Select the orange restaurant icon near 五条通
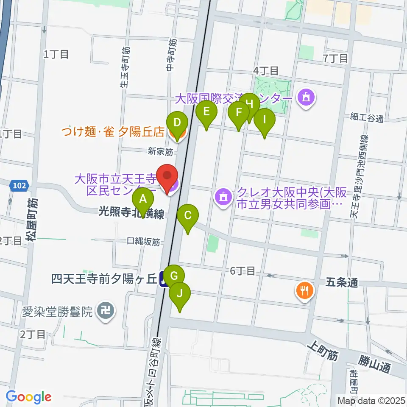(x=305, y=291)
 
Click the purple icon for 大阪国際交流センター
(x=306, y=98)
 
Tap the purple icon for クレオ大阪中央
(x=223, y=196)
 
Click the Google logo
(x=28, y=397)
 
